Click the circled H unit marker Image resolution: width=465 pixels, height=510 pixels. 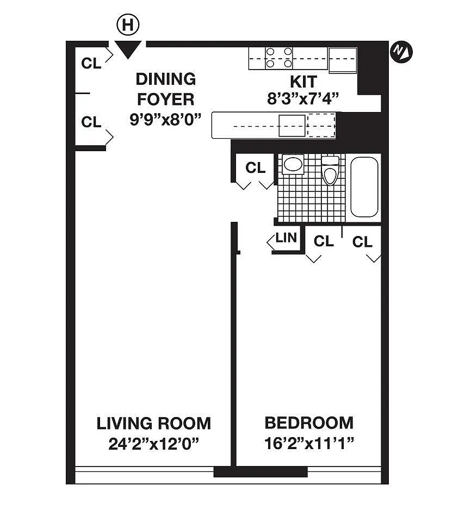128,24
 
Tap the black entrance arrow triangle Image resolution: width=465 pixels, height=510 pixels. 128,49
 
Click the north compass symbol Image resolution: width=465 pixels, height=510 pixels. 401,52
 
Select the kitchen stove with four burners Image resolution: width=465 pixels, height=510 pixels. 278,58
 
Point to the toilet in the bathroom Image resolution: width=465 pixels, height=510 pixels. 330,170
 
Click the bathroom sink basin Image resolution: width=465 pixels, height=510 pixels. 293,164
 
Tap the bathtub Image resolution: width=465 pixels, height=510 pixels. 364,187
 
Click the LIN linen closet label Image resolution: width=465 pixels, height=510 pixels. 286,238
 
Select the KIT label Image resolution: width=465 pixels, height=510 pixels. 303,82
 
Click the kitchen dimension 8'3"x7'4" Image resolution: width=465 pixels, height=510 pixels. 303,98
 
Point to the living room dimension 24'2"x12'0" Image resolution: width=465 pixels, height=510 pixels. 153,444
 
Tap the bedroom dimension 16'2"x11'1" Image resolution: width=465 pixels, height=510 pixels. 309,443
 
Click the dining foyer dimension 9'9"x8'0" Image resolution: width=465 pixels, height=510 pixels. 165,120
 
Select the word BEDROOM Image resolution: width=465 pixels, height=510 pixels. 309,423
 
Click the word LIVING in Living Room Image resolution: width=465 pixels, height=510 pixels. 125,424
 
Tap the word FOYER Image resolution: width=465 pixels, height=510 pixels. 166,99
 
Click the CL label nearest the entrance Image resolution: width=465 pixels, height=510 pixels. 91,64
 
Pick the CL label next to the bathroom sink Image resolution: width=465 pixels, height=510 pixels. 256,168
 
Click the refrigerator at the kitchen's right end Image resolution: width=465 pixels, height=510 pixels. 343,60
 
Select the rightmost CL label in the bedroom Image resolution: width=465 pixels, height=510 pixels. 362,242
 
